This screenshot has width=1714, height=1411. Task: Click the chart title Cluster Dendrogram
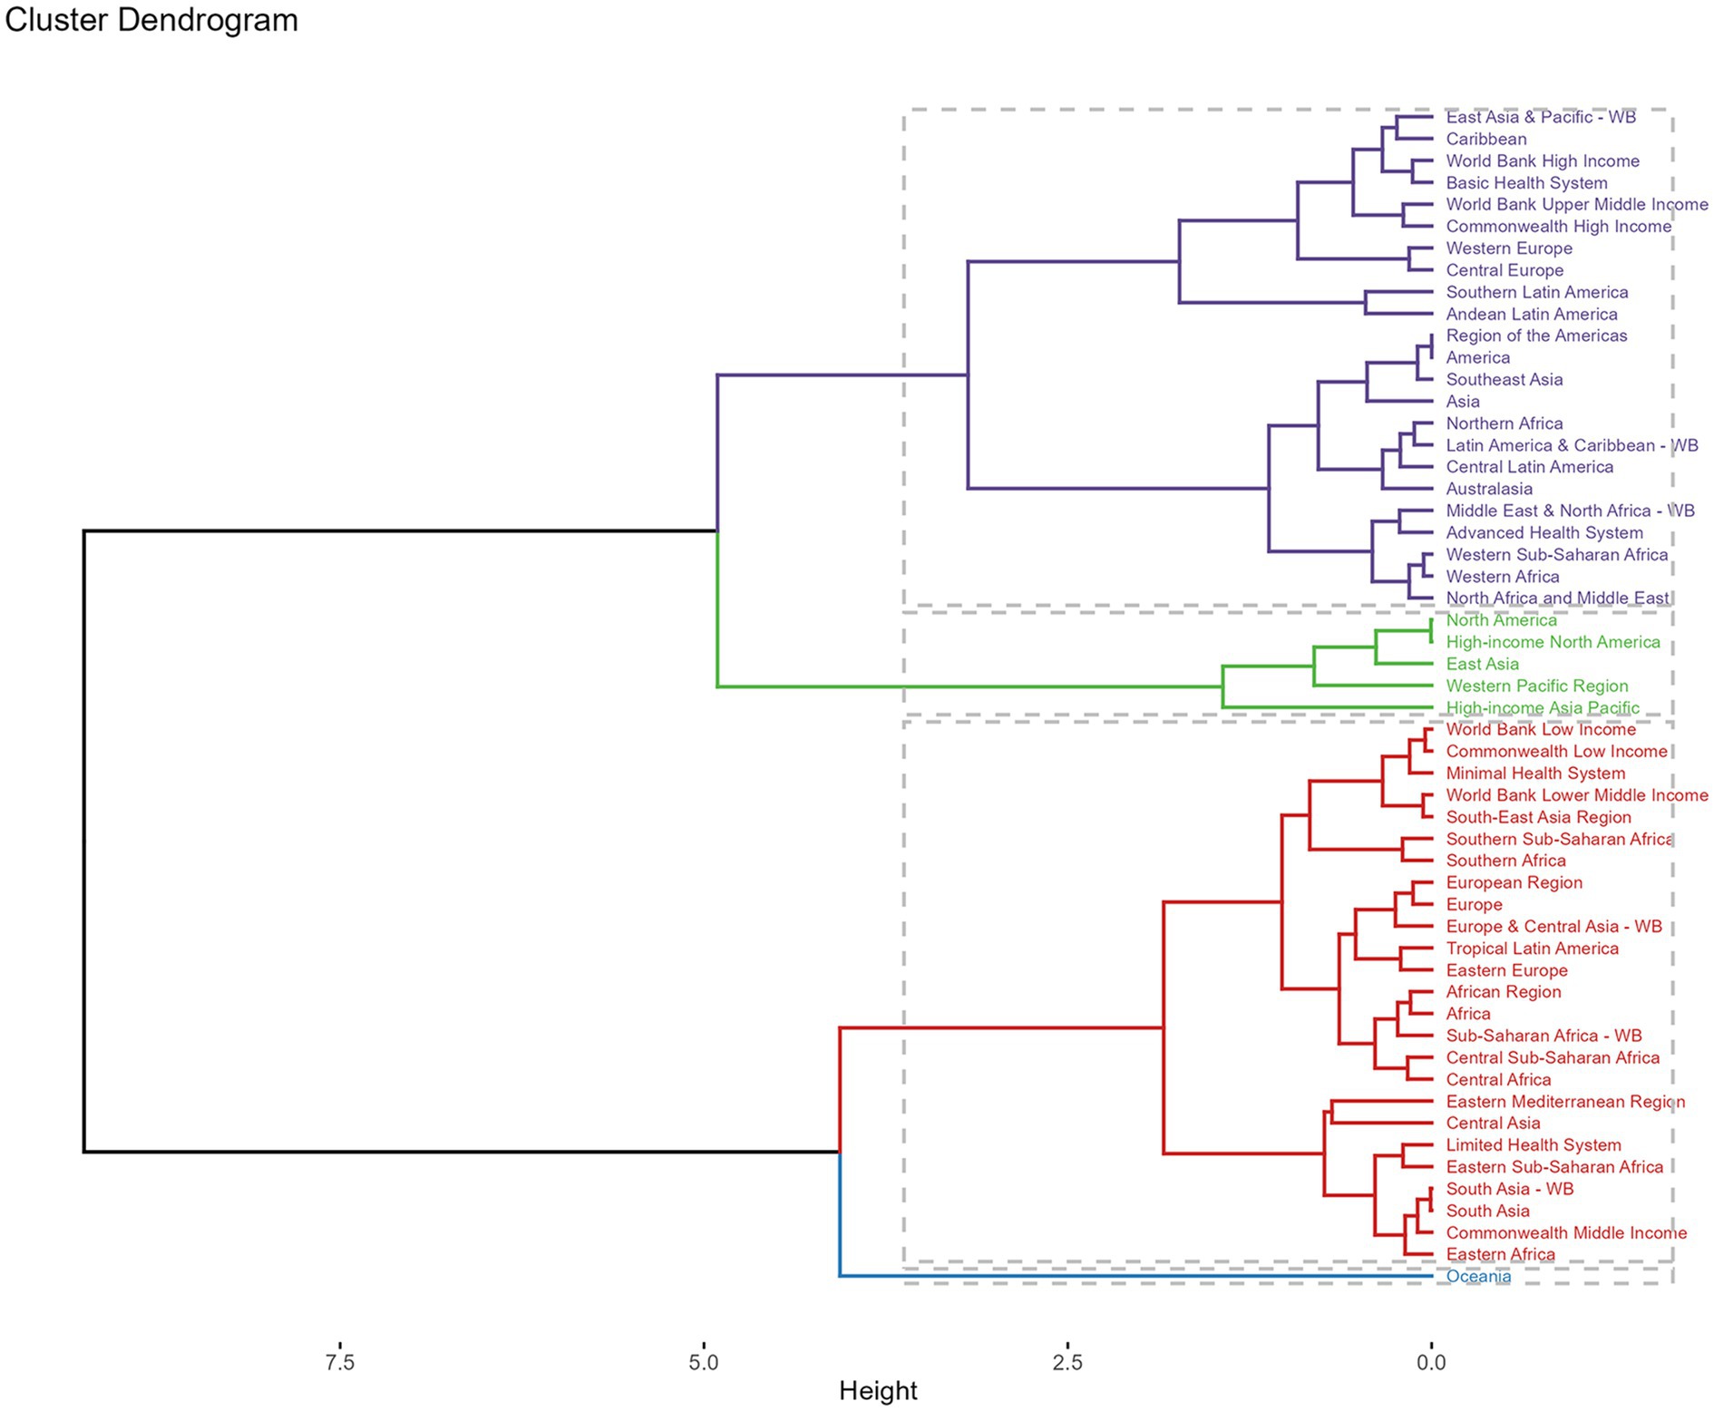coord(151,20)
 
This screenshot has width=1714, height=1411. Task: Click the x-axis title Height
coord(878,1390)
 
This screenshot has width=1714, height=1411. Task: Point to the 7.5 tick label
coord(339,1362)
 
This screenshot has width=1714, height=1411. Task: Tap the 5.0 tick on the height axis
coord(703,1362)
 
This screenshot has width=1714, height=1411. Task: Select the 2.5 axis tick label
coord(1067,1362)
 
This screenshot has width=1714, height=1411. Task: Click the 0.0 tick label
coord(1431,1362)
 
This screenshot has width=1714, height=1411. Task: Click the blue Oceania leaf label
coord(1478,1277)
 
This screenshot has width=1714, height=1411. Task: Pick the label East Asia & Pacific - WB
coord(1541,117)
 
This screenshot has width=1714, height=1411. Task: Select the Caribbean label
coord(1486,139)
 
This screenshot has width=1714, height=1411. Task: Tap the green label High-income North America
coord(1553,642)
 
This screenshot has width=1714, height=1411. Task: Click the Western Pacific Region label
coord(1537,686)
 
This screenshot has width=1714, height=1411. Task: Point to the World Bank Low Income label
coord(1541,730)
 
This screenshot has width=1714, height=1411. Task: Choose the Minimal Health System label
coord(1535,774)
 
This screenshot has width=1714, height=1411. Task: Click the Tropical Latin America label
coord(1532,949)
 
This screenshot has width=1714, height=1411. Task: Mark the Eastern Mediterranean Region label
coord(1565,1102)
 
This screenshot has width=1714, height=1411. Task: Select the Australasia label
coord(1489,489)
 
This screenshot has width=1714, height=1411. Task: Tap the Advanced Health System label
coord(1544,533)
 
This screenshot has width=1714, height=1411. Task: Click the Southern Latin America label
coord(1537,292)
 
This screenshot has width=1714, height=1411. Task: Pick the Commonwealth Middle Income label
coord(1566,1233)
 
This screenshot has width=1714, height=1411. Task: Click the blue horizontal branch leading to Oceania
coord(1134,1277)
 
